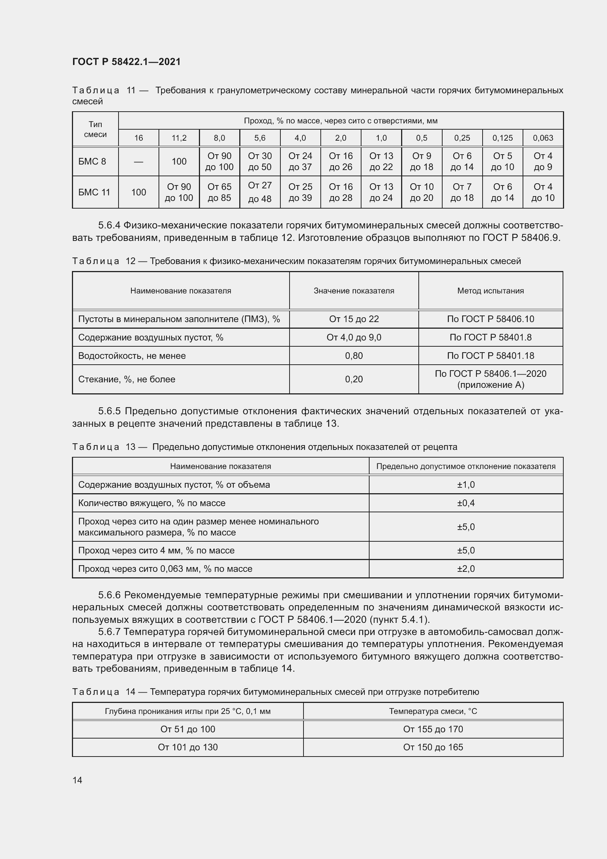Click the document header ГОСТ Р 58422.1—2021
pos(126,62)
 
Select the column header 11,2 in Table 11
pos(179,138)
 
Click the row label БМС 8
pos(92,162)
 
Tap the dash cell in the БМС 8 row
pos(139,162)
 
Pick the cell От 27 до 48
pos(260,192)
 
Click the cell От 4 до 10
pos(543,192)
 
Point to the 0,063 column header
pos(543,138)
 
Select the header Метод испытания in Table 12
pos(490,291)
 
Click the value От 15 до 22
pos(353,319)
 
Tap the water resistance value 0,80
pos(353,356)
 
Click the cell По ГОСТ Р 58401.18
pos(490,356)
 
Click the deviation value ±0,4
pos(466,503)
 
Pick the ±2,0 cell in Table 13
pos(466,569)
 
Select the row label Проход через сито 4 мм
pos(156,551)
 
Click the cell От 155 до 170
pos(433,729)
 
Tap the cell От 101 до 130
pos(188,747)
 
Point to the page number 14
pos(77,780)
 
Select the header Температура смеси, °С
pos(433,711)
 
